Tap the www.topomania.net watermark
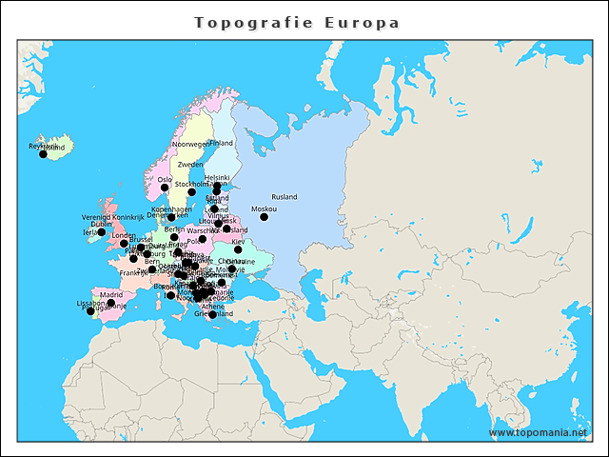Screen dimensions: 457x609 pos(538,432)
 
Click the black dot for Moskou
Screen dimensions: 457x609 pos(265,217)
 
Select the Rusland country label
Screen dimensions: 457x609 pos(285,197)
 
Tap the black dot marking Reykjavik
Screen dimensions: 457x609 pos(43,153)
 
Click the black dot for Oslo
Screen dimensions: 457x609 pos(165,188)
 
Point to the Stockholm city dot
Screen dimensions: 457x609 pos(191,192)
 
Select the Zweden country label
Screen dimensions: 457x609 pos(189,165)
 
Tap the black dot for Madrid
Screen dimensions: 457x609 pos(110,303)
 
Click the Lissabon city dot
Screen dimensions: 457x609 pos(90,311)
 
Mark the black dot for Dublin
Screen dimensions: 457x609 pos(101,232)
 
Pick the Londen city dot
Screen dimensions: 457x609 pos(124,244)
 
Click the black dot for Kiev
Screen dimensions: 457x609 pos(238,249)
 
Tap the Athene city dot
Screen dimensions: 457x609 pos(212,315)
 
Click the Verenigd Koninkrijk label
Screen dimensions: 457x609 pos(112,218)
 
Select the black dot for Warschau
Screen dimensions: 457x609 pos(202,239)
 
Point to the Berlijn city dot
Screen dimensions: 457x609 pos(174,237)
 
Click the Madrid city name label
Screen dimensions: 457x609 pos(110,295)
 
